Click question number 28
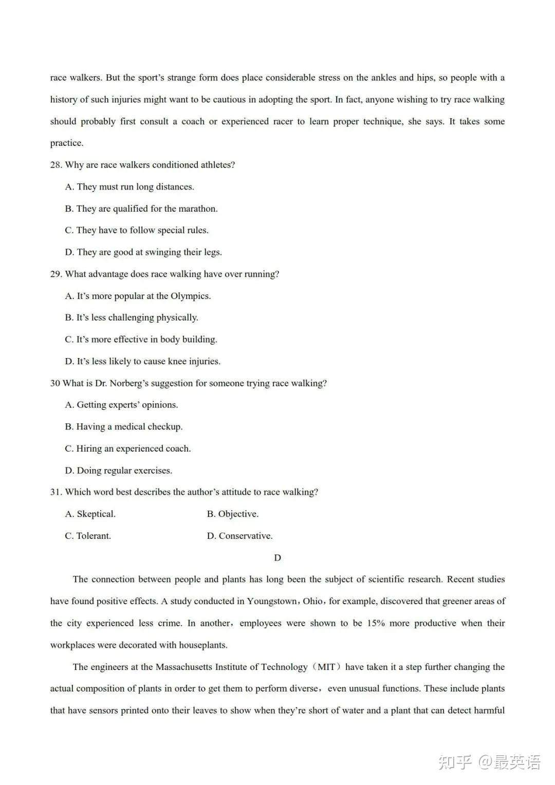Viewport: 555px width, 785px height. [56, 165]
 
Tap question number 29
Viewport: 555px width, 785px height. [56, 274]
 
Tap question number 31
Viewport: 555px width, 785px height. [56, 492]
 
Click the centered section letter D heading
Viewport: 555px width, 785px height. [277, 558]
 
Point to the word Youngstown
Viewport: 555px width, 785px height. [272, 602]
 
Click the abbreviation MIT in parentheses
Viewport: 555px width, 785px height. [326, 667]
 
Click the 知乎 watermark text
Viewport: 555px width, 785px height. [455, 762]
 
